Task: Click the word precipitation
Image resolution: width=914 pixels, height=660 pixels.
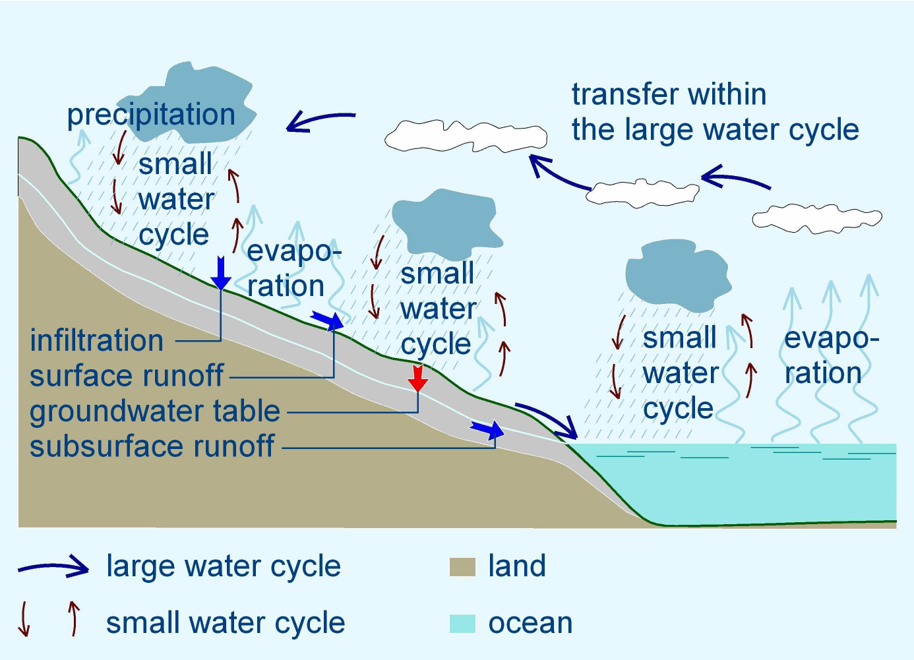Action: pyautogui.click(x=151, y=115)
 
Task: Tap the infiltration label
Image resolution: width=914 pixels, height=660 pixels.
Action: pyautogui.click(x=97, y=340)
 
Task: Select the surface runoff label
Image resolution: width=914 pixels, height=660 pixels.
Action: pyautogui.click(x=127, y=375)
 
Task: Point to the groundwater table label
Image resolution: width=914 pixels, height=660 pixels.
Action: pyautogui.click(x=155, y=411)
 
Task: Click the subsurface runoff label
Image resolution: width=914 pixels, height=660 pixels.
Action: pyautogui.click(x=152, y=446)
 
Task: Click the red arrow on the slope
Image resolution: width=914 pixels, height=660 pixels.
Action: pyautogui.click(x=418, y=379)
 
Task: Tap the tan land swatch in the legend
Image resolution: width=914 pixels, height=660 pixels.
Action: pyautogui.click(x=462, y=567)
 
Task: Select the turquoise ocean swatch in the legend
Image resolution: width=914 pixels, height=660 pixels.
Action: pyautogui.click(x=462, y=624)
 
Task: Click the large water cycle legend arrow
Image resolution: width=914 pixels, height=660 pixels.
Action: pyautogui.click(x=53, y=567)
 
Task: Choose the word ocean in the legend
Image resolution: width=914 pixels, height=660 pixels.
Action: pyautogui.click(x=530, y=623)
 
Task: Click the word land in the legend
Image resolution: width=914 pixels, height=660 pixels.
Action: pyautogui.click(x=517, y=566)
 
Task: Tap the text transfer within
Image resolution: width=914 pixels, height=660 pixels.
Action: pyautogui.click(x=669, y=94)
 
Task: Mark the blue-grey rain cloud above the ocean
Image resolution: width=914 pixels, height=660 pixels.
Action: pyautogui.click(x=678, y=275)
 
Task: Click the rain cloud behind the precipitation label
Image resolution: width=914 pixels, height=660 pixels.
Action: pyautogui.click(x=187, y=103)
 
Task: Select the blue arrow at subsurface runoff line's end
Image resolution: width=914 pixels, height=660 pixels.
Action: pyautogui.click(x=487, y=429)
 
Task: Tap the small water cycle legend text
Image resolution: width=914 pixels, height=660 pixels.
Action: pyautogui.click(x=226, y=623)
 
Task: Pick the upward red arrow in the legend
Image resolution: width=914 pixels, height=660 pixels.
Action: pyautogui.click(x=74, y=618)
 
